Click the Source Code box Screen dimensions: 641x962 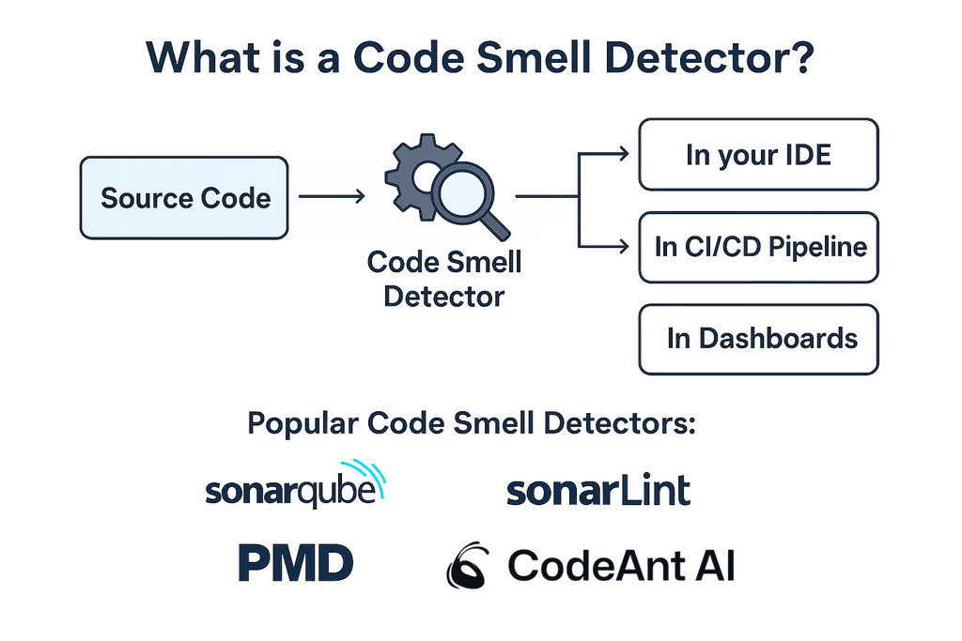tap(184, 198)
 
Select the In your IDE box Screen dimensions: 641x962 tap(758, 155)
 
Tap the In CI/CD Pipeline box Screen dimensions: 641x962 tap(758, 248)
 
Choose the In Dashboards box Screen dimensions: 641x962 tap(758, 339)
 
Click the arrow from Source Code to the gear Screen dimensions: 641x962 tap(331, 197)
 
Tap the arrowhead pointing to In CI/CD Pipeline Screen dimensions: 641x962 tap(622, 247)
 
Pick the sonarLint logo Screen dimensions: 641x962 tap(598, 491)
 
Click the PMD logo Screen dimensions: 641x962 tap(295, 564)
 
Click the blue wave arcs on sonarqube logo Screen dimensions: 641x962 tap(369, 476)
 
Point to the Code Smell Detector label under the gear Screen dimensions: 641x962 tap(444, 279)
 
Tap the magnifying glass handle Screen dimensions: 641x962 tap(497, 225)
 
